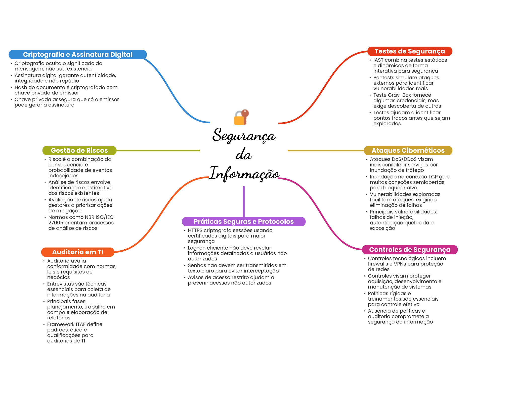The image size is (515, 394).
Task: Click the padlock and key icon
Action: [x=241, y=117]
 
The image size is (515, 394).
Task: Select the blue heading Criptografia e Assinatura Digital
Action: [x=77, y=54]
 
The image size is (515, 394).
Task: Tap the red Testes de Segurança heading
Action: [x=410, y=51]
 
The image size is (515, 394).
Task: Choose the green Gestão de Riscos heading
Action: [x=79, y=150]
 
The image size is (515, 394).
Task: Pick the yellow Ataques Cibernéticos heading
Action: [x=408, y=150]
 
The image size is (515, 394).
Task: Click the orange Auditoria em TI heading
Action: [x=78, y=252]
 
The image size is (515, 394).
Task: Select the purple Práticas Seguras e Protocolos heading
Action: [x=243, y=221]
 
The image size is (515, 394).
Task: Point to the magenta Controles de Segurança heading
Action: [x=410, y=250]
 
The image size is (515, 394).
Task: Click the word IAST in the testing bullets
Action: [x=378, y=60]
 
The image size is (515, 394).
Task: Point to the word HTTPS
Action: [x=195, y=230]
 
